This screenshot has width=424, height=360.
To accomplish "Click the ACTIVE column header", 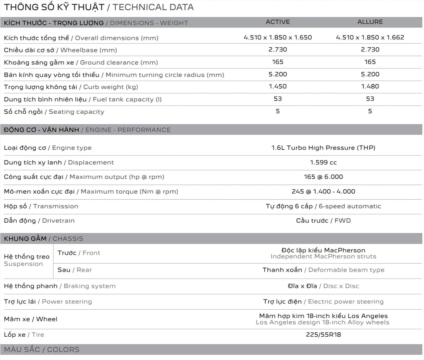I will [x=278, y=22].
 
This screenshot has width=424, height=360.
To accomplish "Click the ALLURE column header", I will [x=370, y=22].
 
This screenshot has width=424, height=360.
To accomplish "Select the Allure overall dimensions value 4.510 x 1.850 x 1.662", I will [x=370, y=37].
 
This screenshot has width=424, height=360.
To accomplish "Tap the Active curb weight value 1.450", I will [x=278, y=86].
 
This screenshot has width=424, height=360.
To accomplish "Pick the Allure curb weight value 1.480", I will [x=370, y=86].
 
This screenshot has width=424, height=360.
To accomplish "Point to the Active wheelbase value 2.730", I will [x=278, y=49].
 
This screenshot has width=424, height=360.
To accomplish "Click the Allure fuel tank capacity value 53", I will [x=370, y=99].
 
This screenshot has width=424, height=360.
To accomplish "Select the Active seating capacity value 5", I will [x=278, y=111].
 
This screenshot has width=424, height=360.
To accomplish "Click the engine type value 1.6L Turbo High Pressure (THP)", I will [x=323, y=148].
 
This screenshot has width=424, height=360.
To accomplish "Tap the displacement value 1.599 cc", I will [x=323, y=162].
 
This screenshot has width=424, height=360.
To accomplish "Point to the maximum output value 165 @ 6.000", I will [x=323, y=177].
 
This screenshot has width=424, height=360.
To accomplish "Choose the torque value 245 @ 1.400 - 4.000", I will [x=323, y=192].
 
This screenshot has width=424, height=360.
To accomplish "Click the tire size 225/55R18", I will [x=323, y=335].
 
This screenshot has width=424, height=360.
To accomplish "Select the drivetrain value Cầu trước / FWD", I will [x=323, y=221].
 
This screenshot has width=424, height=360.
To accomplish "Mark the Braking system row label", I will [x=60, y=286].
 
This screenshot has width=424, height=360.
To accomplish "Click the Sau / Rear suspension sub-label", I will [x=75, y=270].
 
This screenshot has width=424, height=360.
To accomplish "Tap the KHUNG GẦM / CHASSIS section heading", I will [x=43, y=238].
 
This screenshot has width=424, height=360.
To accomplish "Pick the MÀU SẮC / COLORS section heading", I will [x=41, y=349].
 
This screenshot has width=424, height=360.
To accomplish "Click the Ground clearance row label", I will [x=81, y=62].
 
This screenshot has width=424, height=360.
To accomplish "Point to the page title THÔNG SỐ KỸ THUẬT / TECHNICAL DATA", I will [x=99, y=7].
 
